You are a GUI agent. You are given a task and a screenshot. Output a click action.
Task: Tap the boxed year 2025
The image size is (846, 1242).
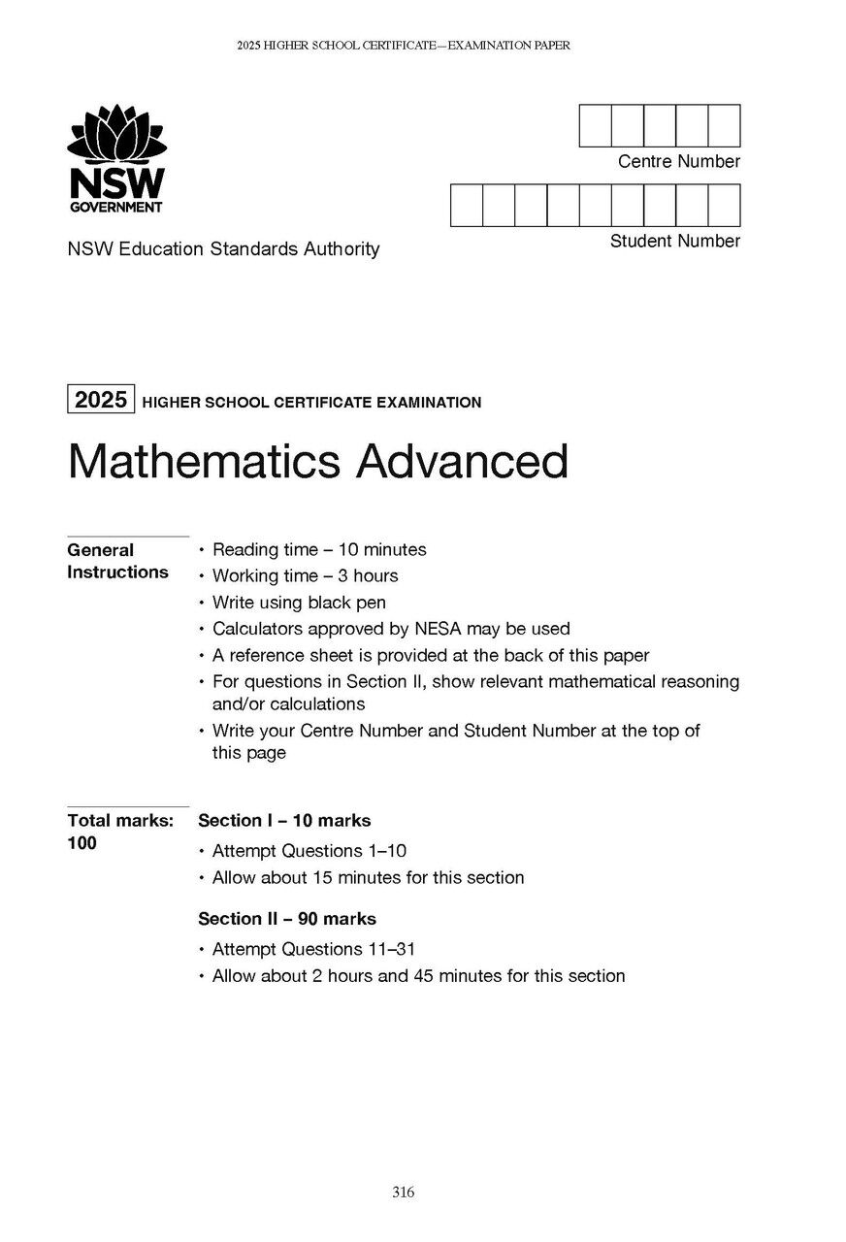101,399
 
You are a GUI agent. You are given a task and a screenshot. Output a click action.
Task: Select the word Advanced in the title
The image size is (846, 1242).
462,462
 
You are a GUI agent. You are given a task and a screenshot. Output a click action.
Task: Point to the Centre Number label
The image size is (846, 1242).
678,162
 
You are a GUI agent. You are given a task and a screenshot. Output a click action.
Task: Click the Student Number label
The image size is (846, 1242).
674,241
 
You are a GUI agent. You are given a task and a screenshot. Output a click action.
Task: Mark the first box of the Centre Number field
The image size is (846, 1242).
595,126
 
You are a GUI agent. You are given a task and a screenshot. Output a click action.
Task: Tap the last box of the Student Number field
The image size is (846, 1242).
724,206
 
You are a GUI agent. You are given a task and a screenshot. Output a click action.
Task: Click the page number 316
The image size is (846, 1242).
404,1193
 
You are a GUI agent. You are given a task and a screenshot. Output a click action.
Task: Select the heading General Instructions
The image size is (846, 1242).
117,561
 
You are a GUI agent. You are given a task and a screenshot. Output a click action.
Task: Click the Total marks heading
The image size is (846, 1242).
120,821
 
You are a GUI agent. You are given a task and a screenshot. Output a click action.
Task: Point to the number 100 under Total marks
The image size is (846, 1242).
82,843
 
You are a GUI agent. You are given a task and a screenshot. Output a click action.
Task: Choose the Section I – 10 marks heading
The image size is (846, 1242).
284,821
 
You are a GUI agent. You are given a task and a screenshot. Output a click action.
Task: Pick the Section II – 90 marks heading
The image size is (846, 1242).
287,919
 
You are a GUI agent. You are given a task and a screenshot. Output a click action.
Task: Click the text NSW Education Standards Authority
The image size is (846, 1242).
223,249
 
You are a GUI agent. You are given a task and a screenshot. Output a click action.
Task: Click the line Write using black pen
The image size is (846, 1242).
299,603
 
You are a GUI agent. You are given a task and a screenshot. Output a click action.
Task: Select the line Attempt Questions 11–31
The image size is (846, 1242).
313,949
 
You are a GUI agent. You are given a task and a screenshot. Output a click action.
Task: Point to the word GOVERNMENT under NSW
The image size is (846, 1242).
115,208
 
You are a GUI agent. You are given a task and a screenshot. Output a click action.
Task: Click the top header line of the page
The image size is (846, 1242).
403,46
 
